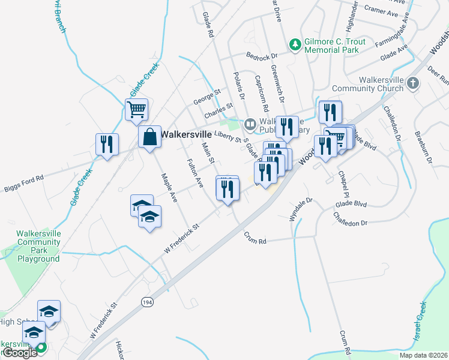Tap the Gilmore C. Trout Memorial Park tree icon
(295, 43)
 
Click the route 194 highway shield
(146, 302)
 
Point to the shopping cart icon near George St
(137, 110)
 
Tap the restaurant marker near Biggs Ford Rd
(107, 145)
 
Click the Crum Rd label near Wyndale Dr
(255, 238)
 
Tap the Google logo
(19, 353)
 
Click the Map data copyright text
(423, 355)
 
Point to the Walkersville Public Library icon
(250, 124)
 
